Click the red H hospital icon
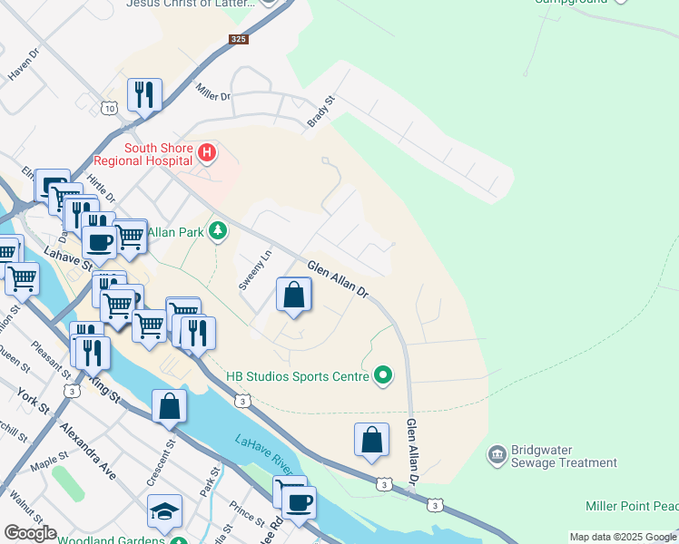[x=207, y=153]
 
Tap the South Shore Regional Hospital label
[x=159, y=154]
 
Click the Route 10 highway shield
[x=109, y=108]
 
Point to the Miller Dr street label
[x=213, y=91]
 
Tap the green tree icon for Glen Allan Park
[x=217, y=232]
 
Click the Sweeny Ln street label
[x=255, y=270]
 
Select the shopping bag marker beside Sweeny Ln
[x=293, y=296]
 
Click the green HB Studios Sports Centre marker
[x=383, y=375]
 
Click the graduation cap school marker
[x=165, y=512]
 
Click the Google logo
[x=30, y=533]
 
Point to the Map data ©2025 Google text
[x=622, y=537]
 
